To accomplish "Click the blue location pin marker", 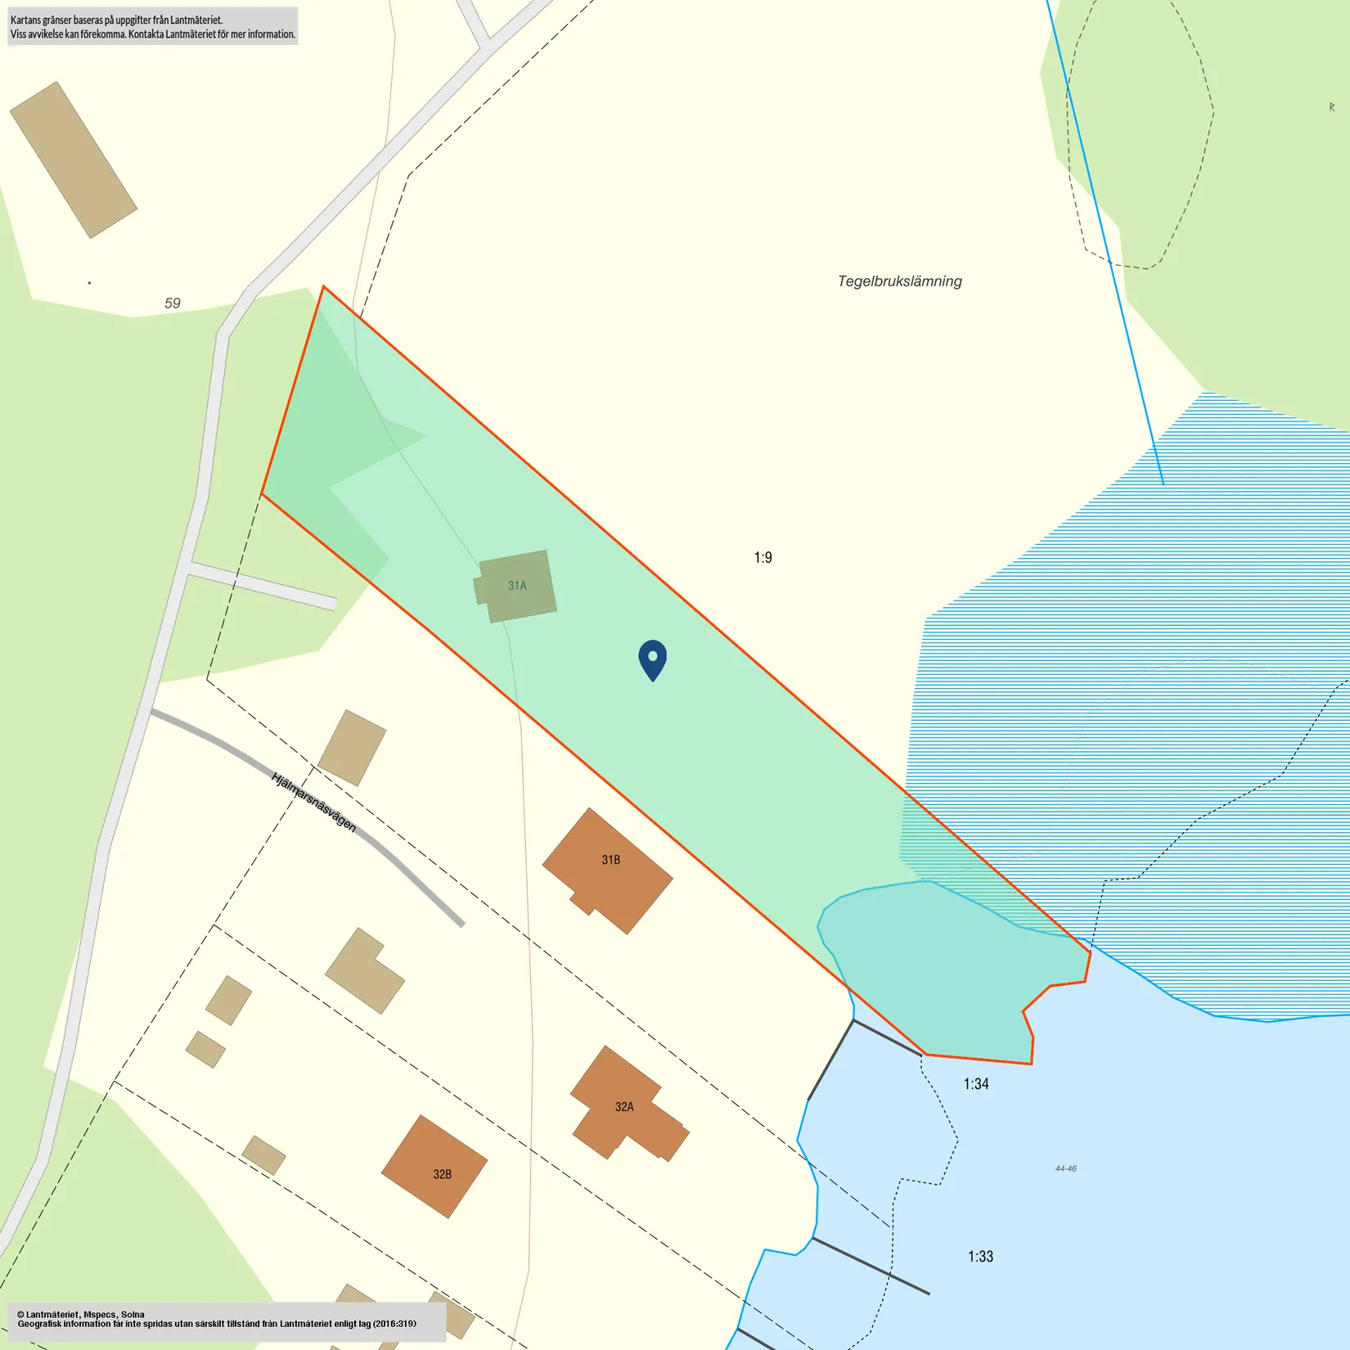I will (652, 658).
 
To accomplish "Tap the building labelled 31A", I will (516, 586).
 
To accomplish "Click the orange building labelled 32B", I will (435, 1166).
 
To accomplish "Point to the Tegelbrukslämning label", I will (899, 281).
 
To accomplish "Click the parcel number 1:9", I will (763, 558).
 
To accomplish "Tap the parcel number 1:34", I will (975, 1084).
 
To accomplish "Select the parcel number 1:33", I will (980, 1257).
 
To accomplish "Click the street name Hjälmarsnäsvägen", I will (313, 802).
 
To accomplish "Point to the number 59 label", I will (172, 304).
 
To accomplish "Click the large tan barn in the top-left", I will (73, 160).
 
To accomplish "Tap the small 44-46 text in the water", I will (1065, 1168).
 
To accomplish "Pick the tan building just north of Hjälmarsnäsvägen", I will (352, 748).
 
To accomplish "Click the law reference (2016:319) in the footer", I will (394, 1324).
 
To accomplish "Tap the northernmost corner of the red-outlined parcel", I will (324, 287).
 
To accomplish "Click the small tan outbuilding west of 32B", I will (263, 1155).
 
